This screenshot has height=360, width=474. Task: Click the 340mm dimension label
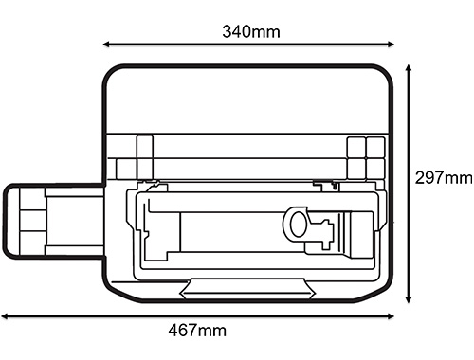point(251,32)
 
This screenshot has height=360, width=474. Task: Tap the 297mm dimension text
point(444,178)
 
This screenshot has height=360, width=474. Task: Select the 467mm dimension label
point(197,331)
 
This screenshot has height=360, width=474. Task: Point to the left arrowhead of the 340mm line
point(106,45)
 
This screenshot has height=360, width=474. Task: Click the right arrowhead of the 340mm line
point(391,45)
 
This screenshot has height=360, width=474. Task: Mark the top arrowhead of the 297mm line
point(409,68)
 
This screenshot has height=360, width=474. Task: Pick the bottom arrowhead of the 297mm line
point(409,299)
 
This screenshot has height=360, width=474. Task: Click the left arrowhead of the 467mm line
point(5,316)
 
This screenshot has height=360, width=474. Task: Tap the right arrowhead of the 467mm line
point(391,316)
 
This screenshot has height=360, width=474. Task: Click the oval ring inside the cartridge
point(298,225)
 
